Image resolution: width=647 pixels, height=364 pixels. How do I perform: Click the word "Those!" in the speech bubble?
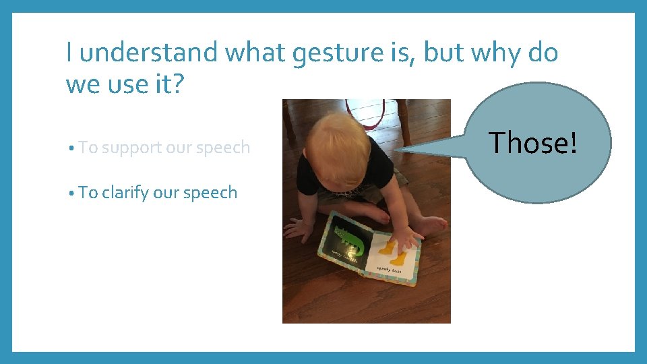(532, 143)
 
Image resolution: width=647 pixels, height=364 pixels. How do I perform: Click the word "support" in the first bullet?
(132, 148)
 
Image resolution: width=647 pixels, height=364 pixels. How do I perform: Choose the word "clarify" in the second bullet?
(125, 193)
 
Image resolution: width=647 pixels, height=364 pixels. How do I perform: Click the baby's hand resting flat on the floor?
(297, 229)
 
